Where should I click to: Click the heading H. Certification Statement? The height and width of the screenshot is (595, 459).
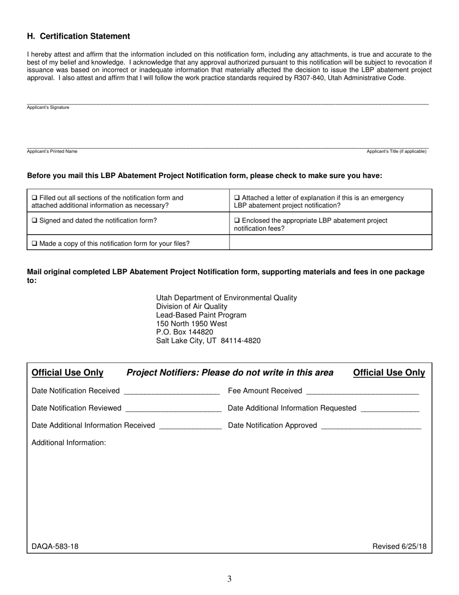pos(78,36)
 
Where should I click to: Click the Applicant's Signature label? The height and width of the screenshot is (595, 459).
pos(48,107)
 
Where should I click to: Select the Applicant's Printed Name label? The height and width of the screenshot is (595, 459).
pos(52,151)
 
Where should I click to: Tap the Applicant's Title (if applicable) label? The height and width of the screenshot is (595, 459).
pos(396,151)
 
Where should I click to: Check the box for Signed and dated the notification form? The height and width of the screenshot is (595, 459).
pos(34,221)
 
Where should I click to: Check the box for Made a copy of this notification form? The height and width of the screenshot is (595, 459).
pos(34,244)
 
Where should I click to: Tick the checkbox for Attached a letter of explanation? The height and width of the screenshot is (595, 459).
pos(237,198)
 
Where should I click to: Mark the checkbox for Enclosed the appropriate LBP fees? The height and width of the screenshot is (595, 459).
pos(237,221)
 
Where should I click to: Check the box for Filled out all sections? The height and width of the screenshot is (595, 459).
pos(34,198)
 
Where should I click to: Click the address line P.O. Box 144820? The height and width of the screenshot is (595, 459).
pos(185,332)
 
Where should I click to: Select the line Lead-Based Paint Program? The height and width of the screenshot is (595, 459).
pos(201,315)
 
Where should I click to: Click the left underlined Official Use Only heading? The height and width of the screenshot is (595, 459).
pos(67,372)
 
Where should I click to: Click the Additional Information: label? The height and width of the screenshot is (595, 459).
pos(69,443)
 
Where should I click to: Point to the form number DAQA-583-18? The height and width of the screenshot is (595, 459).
pos(55,547)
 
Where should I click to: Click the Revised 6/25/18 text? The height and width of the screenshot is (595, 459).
pos(399,547)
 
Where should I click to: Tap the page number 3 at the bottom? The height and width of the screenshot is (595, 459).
pos(229,579)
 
